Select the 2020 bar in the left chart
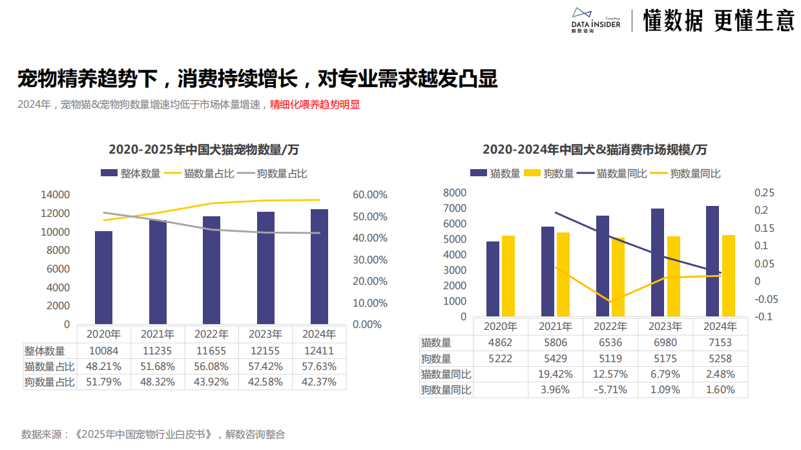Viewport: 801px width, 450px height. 103,277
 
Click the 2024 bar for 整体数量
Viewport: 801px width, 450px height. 319,266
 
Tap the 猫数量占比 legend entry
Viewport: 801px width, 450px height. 200,173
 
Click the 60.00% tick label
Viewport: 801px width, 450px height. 370,194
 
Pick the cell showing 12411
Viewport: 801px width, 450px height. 319,351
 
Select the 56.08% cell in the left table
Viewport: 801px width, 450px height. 211,367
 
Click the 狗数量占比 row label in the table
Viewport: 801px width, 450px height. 50,382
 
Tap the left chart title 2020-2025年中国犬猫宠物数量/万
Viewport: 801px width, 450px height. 203,150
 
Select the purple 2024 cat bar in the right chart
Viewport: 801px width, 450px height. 713,261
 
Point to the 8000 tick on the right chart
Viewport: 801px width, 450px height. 455,192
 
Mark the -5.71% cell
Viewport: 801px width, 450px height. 610,390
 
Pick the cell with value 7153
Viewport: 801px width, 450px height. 720,343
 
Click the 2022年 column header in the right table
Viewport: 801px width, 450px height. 610,327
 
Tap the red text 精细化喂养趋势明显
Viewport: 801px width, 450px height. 315,104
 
